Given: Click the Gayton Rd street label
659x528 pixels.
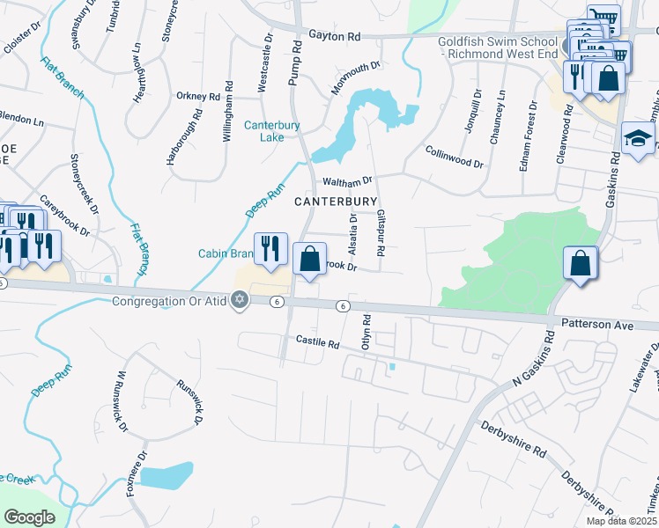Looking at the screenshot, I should pyautogui.click(x=335, y=37).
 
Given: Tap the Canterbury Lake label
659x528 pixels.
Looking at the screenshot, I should pyautogui.click(x=272, y=131).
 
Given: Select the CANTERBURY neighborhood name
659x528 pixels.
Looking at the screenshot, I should pyautogui.click(x=335, y=202).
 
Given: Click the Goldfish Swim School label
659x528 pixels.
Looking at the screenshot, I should pyautogui.click(x=498, y=46).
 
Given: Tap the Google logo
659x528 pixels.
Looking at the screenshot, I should pyautogui.click(x=29, y=517).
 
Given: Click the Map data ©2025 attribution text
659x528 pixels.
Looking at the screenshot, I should pyautogui.click(x=620, y=521).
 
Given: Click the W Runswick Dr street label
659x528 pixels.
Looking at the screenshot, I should pyautogui.click(x=121, y=401).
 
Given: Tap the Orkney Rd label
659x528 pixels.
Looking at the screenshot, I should pyautogui.click(x=197, y=96).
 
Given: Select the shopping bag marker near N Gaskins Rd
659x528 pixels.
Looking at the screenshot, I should pyautogui.click(x=581, y=263).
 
